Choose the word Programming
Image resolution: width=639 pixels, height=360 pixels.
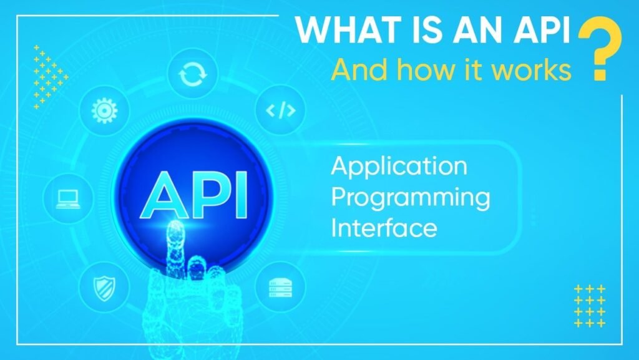click(410, 198)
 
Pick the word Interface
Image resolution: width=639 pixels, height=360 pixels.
click(384, 227)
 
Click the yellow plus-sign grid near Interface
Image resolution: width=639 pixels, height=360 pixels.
click(589, 306)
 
